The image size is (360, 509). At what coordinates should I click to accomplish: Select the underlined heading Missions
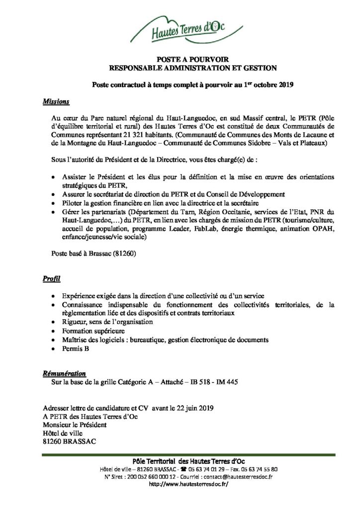pos(56,102)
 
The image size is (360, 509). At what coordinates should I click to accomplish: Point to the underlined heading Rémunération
pos(63,373)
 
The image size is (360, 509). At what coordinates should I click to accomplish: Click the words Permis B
pos(76,349)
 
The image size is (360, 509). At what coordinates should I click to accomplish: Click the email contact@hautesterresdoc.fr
pos(231,477)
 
